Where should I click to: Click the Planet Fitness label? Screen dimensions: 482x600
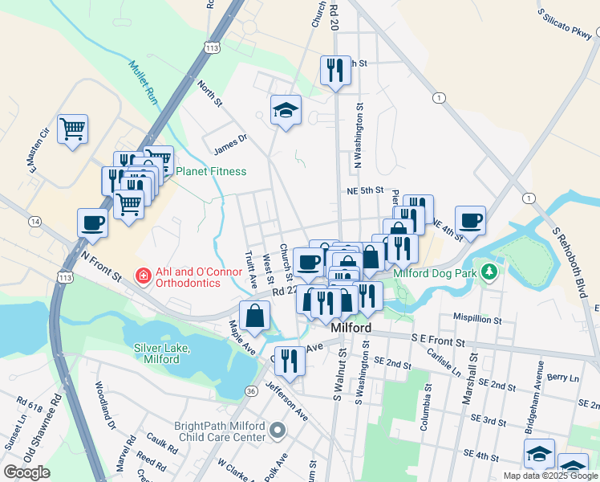pos(211,171)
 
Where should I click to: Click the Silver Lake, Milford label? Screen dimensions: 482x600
pos(161,353)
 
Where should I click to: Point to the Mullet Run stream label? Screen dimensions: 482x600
pos(142,83)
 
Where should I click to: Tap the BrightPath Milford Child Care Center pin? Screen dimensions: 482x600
pos(278,431)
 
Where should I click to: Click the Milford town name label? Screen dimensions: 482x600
pos(351,329)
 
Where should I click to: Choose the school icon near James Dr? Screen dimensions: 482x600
pos(286,112)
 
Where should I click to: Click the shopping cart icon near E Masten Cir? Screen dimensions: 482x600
pos(73,129)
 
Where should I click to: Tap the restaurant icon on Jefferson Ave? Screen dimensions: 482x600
pos(290,361)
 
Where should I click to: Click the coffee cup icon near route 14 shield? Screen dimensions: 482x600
pos(92,223)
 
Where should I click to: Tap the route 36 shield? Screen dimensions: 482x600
pos(251,390)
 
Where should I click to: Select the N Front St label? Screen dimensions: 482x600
pos(101,264)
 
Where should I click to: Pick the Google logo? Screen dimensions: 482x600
pos(26,472)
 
